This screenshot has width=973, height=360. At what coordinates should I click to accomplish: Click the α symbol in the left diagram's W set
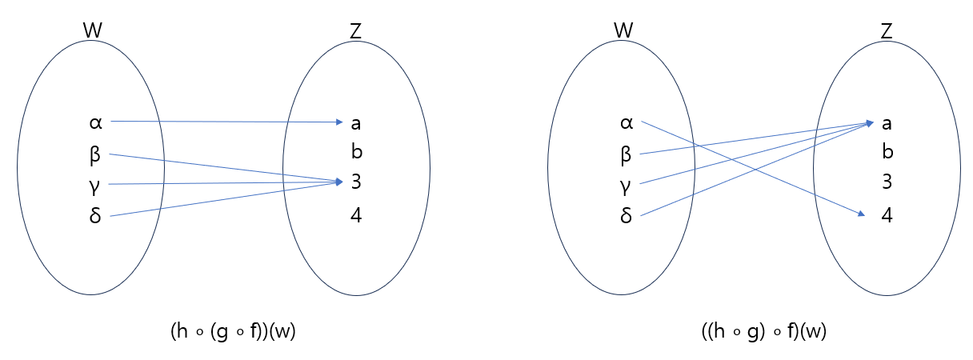(x=95, y=123)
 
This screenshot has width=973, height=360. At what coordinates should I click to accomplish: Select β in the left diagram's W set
(x=95, y=155)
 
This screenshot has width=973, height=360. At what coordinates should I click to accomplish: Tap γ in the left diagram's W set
(x=95, y=186)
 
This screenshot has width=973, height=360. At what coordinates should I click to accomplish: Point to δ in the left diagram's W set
(x=95, y=216)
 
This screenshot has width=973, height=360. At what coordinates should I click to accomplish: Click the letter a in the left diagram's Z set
(x=356, y=123)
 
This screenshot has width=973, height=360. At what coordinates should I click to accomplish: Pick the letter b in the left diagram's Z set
(x=357, y=151)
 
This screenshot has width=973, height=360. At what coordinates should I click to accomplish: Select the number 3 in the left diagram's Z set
(x=356, y=182)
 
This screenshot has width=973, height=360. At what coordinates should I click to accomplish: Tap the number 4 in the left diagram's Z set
(x=356, y=214)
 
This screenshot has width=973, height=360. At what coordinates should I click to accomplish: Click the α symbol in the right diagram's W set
(x=627, y=123)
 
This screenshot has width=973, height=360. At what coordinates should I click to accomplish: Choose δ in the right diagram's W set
(x=627, y=216)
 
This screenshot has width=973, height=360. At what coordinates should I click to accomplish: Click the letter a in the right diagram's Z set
(x=887, y=123)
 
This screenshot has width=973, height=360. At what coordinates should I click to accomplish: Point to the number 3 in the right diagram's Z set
(x=887, y=182)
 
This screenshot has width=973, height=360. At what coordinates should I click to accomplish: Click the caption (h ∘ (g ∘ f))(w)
(x=233, y=333)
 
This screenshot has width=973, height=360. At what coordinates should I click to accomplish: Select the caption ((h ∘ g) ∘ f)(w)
(x=763, y=333)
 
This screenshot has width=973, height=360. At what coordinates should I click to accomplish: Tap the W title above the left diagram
(x=93, y=30)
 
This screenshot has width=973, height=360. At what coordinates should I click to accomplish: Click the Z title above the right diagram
(x=887, y=30)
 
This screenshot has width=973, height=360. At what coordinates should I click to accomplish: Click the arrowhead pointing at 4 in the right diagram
(x=861, y=214)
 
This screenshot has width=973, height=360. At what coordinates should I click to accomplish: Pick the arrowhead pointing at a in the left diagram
(x=338, y=122)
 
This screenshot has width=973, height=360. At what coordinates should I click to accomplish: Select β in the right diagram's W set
(x=627, y=155)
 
